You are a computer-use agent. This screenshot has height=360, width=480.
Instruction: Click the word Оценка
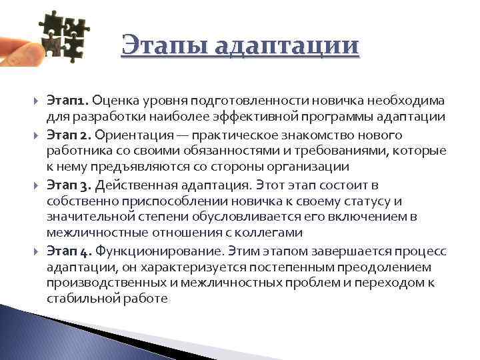pos(115,101)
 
